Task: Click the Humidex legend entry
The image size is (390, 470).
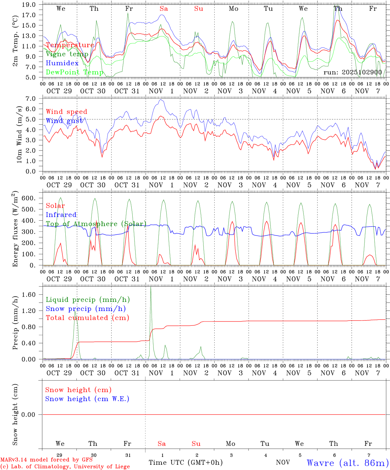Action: coord(62,63)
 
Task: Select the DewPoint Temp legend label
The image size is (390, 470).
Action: coord(74,72)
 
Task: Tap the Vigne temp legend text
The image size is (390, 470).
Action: coord(67,54)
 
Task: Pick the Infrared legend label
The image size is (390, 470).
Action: coord(61,215)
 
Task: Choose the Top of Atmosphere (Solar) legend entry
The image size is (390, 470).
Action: coord(96,224)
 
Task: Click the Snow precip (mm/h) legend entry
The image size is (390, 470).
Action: coord(86,309)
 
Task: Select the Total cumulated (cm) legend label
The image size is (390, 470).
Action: coord(87,318)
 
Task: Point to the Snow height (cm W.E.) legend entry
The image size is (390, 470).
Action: coord(87,399)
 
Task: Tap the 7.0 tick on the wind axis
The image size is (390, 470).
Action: coord(30,99)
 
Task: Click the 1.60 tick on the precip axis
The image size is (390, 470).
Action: coord(29,295)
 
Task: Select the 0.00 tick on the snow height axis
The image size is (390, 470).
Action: coord(29,415)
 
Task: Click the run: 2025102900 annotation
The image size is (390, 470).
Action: coord(352,72)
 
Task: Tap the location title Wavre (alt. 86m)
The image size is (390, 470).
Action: coord(348,463)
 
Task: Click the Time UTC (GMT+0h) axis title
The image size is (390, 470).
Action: coord(186,462)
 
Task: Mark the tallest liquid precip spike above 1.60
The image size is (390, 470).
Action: coord(151,288)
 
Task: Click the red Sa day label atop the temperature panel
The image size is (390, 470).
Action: coord(164,9)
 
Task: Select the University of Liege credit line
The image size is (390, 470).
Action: coord(65,467)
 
